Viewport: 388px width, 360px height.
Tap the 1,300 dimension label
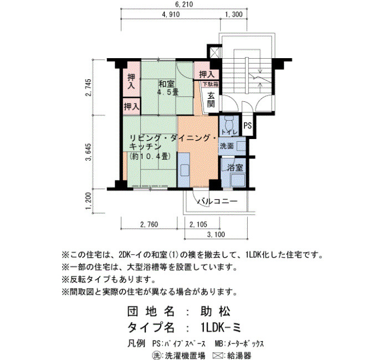pyautogui.click(x=233, y=14)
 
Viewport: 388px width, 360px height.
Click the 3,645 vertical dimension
pyautogui.click(x=89, y=151)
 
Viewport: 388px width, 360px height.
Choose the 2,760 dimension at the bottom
pyautogui.click(x=149, y=225)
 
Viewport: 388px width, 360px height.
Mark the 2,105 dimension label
pyautogui.click(x=198, y=225)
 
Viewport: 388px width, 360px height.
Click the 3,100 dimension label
pyautogui.click(x=216, y=236)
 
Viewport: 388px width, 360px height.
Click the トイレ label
pyautogui.click(x=228, y=131)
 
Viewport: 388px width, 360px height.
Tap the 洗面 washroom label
pyautogui.click(x=227, y=146)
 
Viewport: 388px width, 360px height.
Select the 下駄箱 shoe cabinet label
pyautogui.click(x=209, y=84)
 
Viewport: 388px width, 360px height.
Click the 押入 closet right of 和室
pyautogui.click(x=206, y=74)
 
